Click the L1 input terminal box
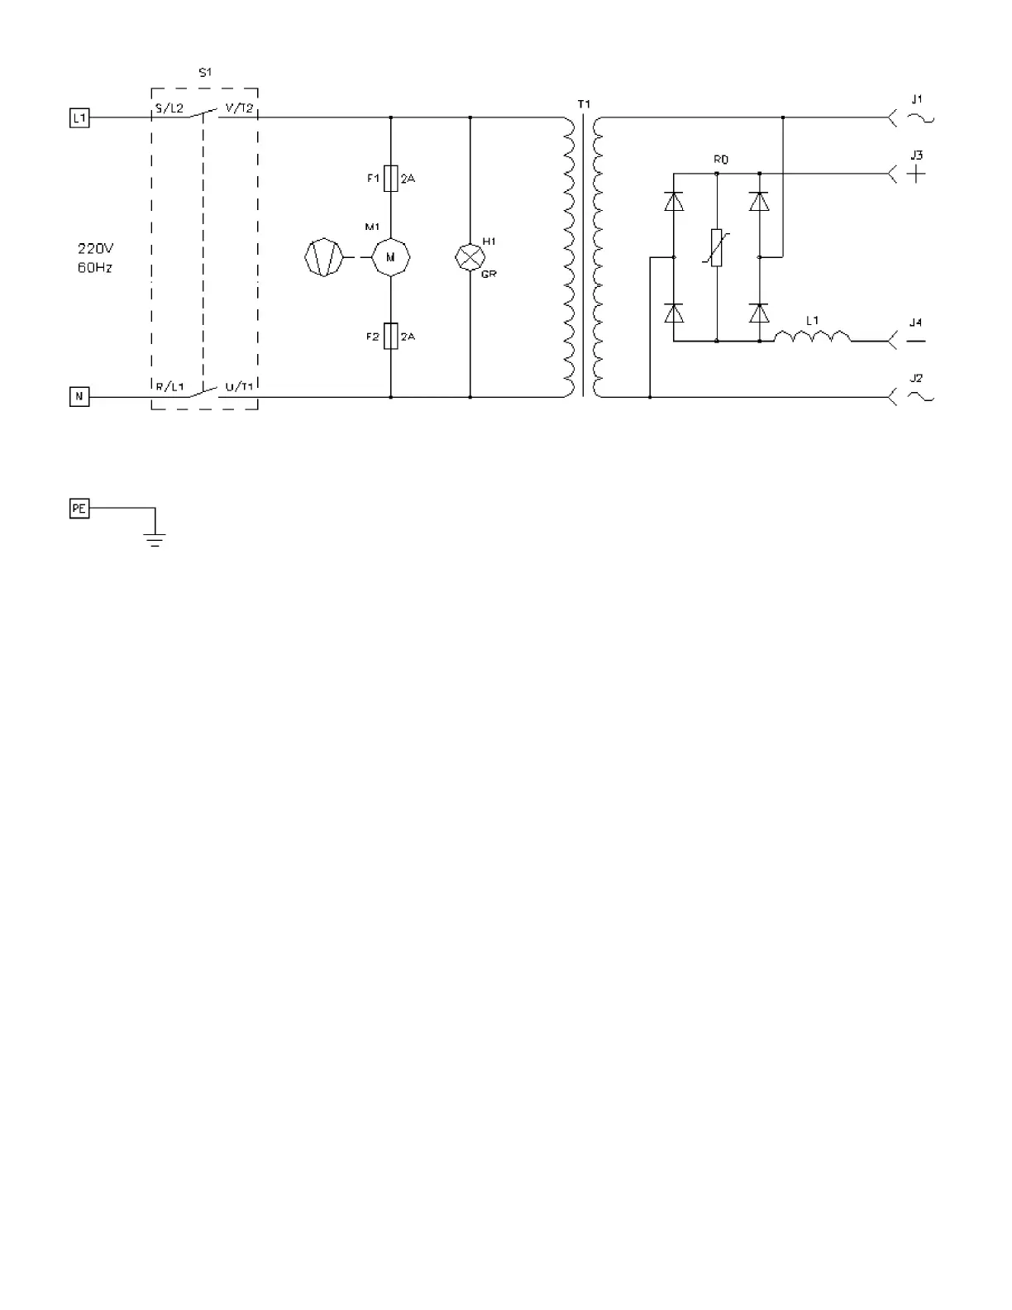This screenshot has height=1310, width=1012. [x=79, y=118]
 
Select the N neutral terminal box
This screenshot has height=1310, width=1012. [x=79, y=397]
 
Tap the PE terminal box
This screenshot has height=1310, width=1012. [x=79, y=509]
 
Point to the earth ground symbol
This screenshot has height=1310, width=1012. [x=155, y=540]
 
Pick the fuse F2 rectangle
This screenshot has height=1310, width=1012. [x=391, y=336]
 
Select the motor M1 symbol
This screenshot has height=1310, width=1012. [x=391, y=257]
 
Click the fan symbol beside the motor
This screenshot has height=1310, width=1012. [x=324, y=257]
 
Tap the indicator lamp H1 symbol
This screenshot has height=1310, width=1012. [x=470, y=257]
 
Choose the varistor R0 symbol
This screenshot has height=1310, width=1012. [x=716, y=248]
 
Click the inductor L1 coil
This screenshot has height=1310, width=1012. [x=812, y=336]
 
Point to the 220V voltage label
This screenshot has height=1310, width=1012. [x=95, y=248]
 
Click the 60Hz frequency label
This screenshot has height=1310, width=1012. [x=95, y=268]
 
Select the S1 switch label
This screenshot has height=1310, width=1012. [x=205, y=73]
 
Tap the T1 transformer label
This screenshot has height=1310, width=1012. [x=584, y=104]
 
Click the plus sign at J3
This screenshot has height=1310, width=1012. [x=916, y=175]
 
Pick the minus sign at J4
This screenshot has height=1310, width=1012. [x=916, y=341]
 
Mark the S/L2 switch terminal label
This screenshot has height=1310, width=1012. [x=169, y=108]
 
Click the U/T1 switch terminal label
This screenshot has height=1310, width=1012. [x=239, y=386]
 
